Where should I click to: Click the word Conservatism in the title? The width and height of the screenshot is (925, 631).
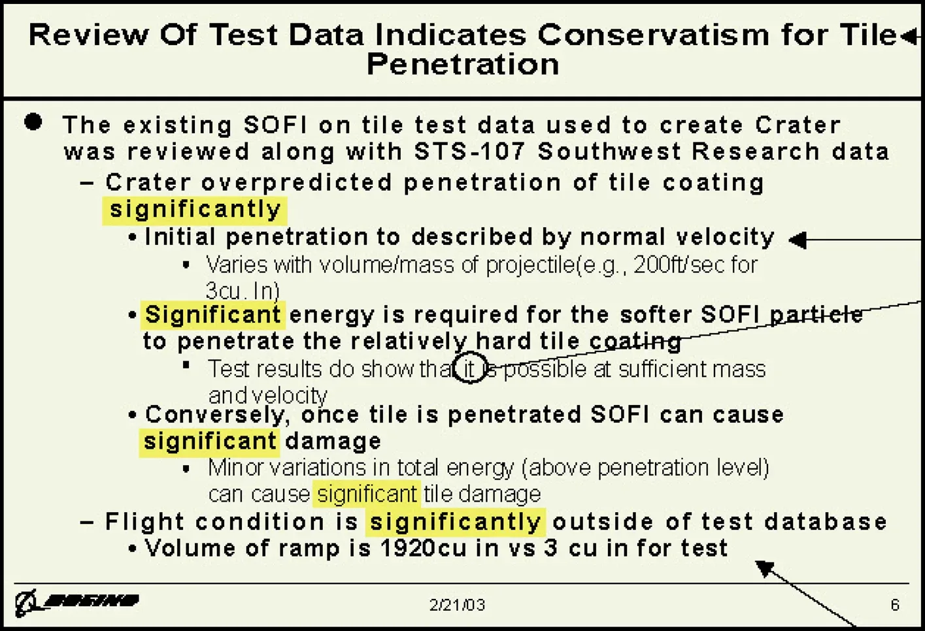(652, 35)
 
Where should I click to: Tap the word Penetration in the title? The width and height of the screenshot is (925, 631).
(463, 65)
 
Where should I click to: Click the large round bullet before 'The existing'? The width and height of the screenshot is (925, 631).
(33, 122)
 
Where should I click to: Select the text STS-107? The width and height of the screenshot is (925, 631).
(469, 152)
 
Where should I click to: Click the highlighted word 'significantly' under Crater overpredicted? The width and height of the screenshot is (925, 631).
(195, 210)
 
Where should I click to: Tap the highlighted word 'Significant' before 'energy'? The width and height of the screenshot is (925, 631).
(212, 315)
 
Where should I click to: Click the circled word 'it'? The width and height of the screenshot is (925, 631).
(469, 369)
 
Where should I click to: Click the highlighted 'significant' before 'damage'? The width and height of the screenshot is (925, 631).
(210, 442)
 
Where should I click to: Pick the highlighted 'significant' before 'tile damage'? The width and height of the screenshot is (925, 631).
(367, 494)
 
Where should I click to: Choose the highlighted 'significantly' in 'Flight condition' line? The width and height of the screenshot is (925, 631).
(455, 522)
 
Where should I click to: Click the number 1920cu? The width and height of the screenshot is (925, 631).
(423, 548)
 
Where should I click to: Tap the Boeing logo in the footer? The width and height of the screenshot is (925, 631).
(77, 601)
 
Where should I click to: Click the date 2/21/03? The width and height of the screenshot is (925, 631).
(457, 605)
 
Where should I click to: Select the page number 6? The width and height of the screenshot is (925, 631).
(895, 605)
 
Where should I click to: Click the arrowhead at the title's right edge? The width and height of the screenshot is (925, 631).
(909, 37)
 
